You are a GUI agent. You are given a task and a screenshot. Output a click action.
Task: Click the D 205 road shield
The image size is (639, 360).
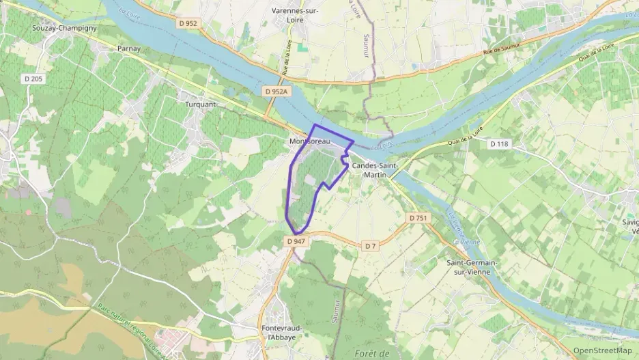[x=31, y=79]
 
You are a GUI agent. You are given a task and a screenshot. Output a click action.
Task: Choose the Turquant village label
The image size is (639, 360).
[x=200, y=104]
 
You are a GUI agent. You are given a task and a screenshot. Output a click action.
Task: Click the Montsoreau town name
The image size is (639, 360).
[x=310, y=141]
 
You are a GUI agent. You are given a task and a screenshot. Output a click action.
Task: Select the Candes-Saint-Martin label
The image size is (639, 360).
[x=375, y=171]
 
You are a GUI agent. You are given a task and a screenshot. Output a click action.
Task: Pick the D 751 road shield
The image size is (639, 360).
[x=418, y=217]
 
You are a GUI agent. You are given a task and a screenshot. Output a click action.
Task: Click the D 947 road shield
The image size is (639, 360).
[x=296, y=241]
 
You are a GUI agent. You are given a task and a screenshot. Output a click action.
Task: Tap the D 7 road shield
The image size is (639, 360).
[x=371, y=245]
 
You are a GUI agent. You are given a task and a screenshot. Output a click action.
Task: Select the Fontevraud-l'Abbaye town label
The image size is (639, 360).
[x=282, y=333]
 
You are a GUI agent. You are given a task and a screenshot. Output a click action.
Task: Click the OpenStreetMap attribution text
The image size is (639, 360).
[x=603, y=350]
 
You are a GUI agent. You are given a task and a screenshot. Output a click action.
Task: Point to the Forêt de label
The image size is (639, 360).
[x=372, y=352]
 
